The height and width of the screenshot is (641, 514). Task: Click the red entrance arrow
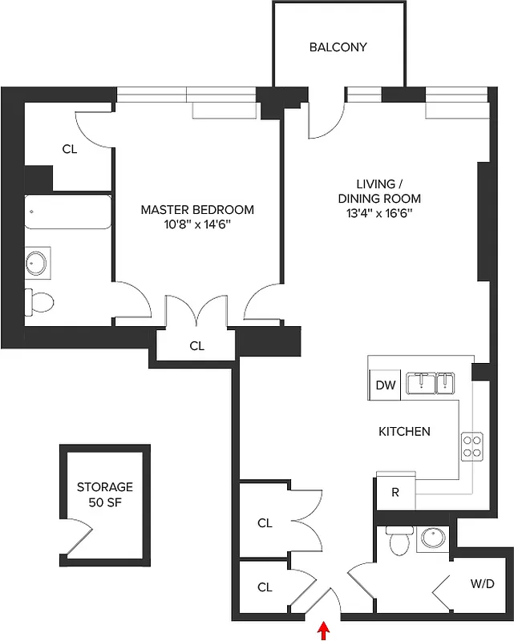(x=324, y=631)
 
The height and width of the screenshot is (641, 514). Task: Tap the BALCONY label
(x=338, y=47)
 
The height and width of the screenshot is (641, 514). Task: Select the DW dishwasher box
(x=386, y=385)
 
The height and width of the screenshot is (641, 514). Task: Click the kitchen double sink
(x=430, y=384)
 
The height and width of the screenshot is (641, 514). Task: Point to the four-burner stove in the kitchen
(x=471, y=445)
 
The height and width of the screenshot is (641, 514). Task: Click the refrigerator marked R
(x=395, y=492)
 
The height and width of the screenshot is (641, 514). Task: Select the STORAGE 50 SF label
(x=104, y=494)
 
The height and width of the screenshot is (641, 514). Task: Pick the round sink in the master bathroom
(x=38, y=262)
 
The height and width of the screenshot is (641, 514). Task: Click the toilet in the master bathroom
(x=40, y=301)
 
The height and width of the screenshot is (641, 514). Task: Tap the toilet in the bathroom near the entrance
(x=399, y=542)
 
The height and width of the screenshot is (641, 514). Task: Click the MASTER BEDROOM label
(x=197, y=210)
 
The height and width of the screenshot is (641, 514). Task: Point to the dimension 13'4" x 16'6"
(x=378, y=213)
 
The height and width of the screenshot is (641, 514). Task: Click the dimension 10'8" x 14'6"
(x=197, y=225)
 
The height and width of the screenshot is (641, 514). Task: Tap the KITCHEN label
(x=404, y=431)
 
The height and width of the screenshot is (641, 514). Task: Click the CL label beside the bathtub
(x=70, y=148)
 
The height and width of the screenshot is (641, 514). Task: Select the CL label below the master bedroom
(x=196, y=346)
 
